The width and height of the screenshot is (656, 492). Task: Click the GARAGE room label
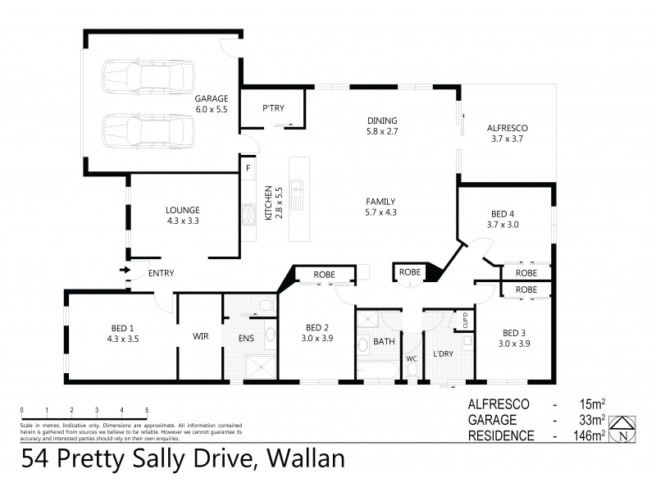pos(212,98)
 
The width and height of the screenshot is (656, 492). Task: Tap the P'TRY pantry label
pos(272,108)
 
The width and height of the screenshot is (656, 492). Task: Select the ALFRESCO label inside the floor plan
pos(507,128)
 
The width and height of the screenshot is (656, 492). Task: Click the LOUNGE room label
pos(183,209)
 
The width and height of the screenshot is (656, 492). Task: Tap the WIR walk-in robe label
pos(201,336)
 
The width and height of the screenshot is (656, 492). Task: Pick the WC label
pos(412,358)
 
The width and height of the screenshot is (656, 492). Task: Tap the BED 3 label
pos(512,332)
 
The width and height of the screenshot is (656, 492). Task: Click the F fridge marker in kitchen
pos(248,168)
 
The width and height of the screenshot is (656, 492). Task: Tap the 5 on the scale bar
pos(147,409)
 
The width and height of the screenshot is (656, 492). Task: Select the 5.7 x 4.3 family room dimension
pos(380,212)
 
